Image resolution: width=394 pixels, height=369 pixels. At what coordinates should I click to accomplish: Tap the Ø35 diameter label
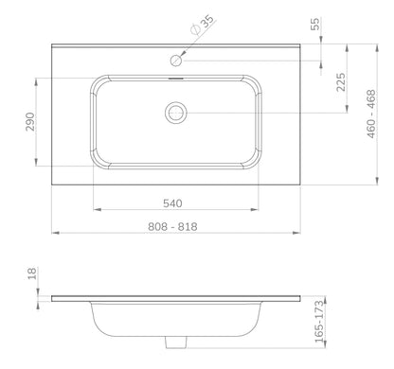(203, 25)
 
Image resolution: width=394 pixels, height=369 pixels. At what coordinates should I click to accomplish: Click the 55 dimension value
(315, 24)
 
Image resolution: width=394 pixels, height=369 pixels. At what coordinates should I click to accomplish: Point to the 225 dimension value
(341, 82)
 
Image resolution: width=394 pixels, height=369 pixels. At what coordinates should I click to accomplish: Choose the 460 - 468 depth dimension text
(371, 114)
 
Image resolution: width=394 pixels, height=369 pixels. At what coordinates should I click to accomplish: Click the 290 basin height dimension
(30, 122)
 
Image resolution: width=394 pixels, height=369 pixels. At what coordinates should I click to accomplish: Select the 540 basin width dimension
(172, 203)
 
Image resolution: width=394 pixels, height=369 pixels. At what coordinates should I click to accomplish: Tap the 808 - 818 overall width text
(172, 226)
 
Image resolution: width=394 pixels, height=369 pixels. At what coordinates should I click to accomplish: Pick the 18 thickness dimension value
(32, 273)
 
